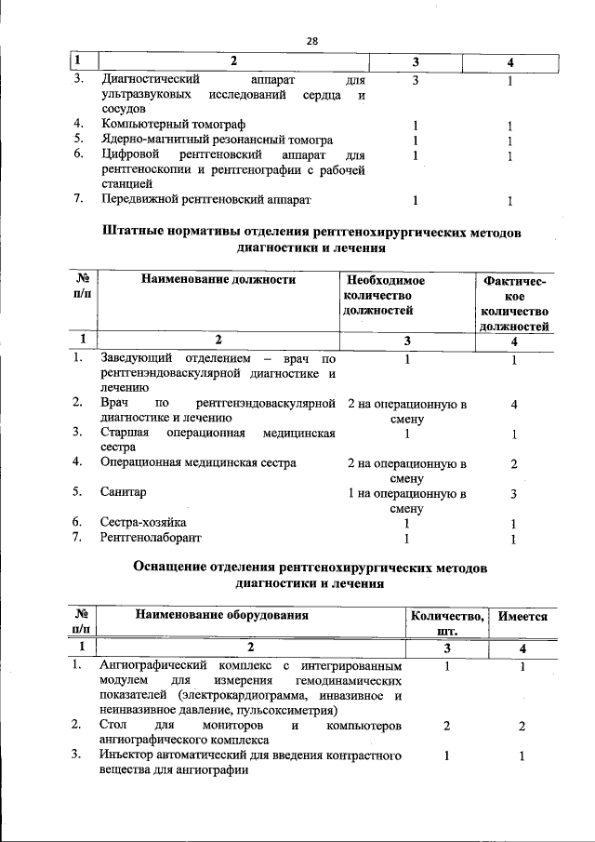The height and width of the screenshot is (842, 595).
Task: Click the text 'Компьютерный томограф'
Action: [x=176, y=125]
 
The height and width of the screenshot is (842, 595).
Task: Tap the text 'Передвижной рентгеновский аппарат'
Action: [x=205, y=200]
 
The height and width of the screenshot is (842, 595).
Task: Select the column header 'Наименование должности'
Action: [x=218, y=279]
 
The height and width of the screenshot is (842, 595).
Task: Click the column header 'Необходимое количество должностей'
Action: [x=385, y=295]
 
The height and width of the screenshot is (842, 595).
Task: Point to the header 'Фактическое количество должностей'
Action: [x=514, y=302]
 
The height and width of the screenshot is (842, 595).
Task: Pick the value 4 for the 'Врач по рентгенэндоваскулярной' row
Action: [x=514, y=405]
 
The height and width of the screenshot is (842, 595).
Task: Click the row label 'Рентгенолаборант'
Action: [x=151, y=538]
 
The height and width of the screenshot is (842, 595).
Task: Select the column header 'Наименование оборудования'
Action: [x=221, y=615]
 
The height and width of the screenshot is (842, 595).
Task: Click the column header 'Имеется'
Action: [x=522, y=616]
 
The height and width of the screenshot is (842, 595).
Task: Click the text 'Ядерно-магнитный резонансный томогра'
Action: [x=216, y=140]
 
